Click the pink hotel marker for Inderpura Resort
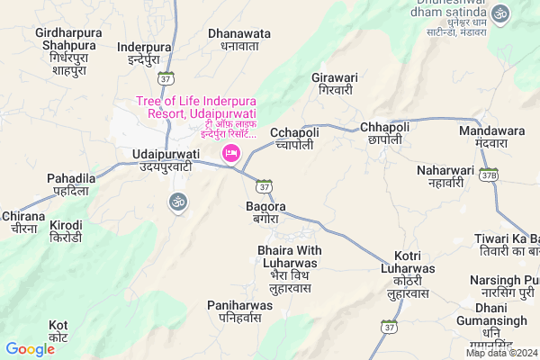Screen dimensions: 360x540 click(229, 155)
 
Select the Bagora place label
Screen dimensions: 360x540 click(265, 213)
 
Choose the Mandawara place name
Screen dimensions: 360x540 click(491, 137)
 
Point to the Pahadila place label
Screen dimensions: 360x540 click(72, 185)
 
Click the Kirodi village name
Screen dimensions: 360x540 click(67, 229)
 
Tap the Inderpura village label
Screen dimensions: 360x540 click(144, 53)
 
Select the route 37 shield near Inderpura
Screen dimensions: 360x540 click(165, 79)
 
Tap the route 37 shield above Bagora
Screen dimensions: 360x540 click(262, 187)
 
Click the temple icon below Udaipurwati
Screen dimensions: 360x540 click(176, 203)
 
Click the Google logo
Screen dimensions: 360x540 click(31, 349)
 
